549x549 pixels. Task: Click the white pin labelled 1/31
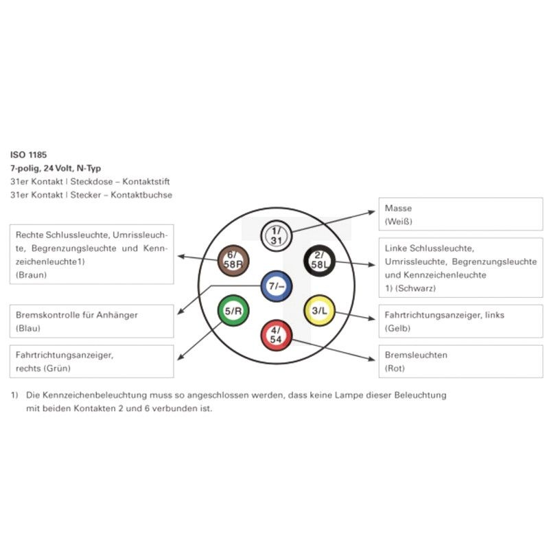point(277,235)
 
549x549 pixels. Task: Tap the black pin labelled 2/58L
point(319,261)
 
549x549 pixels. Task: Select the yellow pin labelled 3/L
point(319,311)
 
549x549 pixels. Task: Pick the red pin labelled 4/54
point(277,336)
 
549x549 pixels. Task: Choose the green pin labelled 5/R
point(233,311)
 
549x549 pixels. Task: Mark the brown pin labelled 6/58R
point(233,261)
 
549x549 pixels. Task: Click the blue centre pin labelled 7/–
point(277,286)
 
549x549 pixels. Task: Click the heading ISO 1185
point(28,155)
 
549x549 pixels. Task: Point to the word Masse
point(398,208)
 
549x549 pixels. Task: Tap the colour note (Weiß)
point(398,221)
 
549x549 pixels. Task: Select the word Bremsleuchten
point(416,355)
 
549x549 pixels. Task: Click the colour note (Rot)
point(395,368)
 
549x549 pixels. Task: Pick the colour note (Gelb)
point(397,328)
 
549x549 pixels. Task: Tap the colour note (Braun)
point(31,275)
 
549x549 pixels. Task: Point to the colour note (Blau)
point(28,328)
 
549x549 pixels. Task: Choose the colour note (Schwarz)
point(415,288)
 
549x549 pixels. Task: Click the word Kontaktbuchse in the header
point(141,195)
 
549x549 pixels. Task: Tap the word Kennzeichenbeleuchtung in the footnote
point(95,395)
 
